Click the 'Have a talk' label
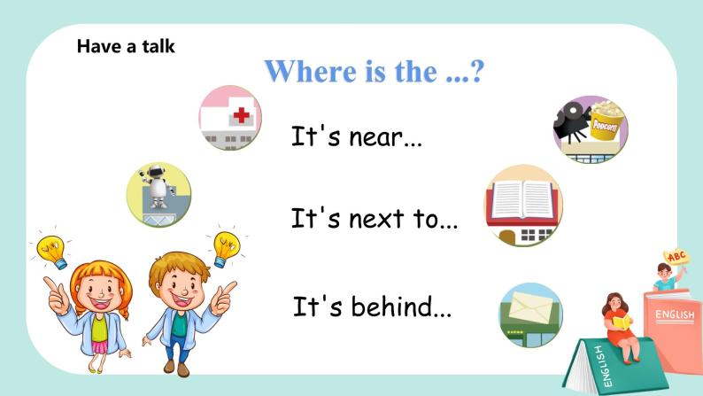(126, 46)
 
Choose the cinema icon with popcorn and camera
(589, 129)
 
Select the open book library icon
(522, 206)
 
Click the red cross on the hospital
(240, 113)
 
